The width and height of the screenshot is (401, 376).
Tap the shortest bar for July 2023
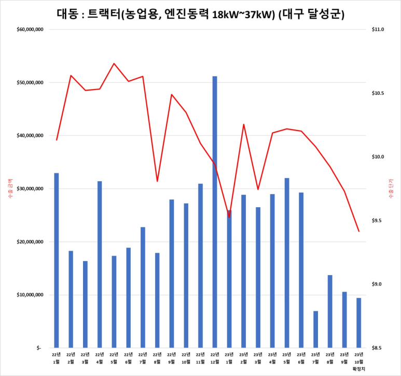[x=315, y=329]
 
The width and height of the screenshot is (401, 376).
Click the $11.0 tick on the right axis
[x=378, y=30]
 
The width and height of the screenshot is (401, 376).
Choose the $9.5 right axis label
[x=377, y=221]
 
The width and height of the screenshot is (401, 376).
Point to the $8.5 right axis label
[x=377, y=349]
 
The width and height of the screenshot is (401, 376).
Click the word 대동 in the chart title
[x=66, y=14]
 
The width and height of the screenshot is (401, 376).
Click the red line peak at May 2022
[x=114, y=64]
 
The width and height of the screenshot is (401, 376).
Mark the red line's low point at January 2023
[x=229, y=217]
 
